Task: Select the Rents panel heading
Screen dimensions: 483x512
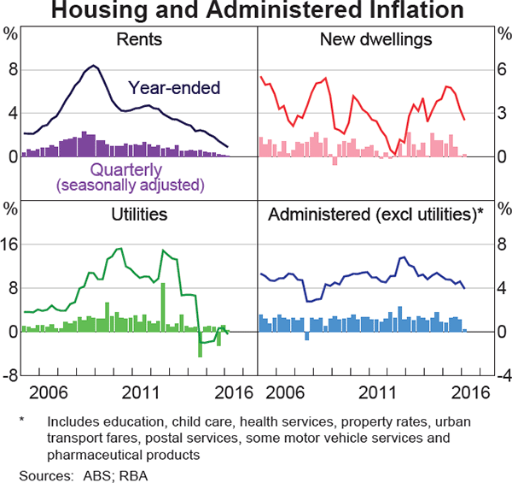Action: [138, 39]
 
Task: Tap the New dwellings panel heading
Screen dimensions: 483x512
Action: [375, 39]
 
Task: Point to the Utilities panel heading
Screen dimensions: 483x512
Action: [138, 214]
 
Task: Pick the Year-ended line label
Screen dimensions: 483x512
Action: [174, 86]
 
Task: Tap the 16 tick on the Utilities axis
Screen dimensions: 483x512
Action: [11, 244]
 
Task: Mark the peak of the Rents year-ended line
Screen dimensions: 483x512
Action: [93, 66]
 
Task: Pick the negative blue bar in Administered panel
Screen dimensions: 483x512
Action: [307, 336]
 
